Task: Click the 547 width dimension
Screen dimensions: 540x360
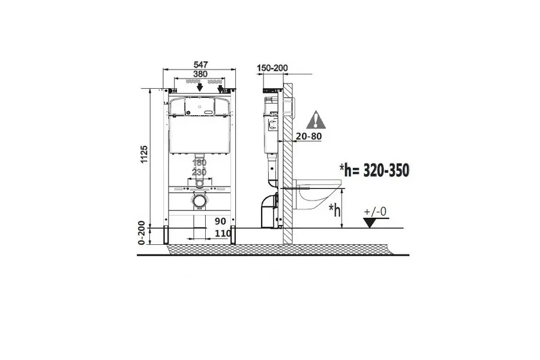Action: click(x=200, y=64)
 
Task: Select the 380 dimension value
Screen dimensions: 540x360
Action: click(x=200, y=74)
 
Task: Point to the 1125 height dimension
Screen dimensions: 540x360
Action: click(x=144, y=154)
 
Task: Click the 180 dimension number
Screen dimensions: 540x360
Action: click(x=199, y=162)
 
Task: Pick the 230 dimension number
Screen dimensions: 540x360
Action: click(x=199, y=172)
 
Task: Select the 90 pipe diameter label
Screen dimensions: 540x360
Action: click(x=220, y=221)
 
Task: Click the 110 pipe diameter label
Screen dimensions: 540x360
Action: click(x=223, y=233)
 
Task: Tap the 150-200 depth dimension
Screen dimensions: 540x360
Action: click(x=272, y=68)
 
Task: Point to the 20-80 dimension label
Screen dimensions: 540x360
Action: click(x=309, y=136)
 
